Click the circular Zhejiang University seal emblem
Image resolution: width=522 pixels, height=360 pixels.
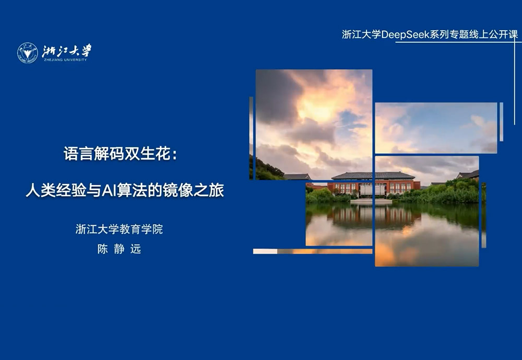click(27, 53)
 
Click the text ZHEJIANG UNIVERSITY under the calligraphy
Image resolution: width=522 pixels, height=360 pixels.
click(65, 60)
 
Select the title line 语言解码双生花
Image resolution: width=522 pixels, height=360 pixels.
click(117, 154)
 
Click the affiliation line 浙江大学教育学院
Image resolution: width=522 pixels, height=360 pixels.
click(119, 229)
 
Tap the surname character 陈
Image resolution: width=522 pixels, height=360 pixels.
click(102, 249)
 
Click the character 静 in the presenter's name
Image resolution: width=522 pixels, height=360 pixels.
click(119, 249)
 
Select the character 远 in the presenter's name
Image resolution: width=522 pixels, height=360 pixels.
click(136, 249)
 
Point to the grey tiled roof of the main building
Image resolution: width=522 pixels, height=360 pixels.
click(373, 176)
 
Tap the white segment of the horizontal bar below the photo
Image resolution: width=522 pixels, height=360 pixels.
click(265, 251)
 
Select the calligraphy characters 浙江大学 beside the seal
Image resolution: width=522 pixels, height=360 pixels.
click(67, 51)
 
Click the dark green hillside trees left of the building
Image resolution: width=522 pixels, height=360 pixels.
click(266, 170)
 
